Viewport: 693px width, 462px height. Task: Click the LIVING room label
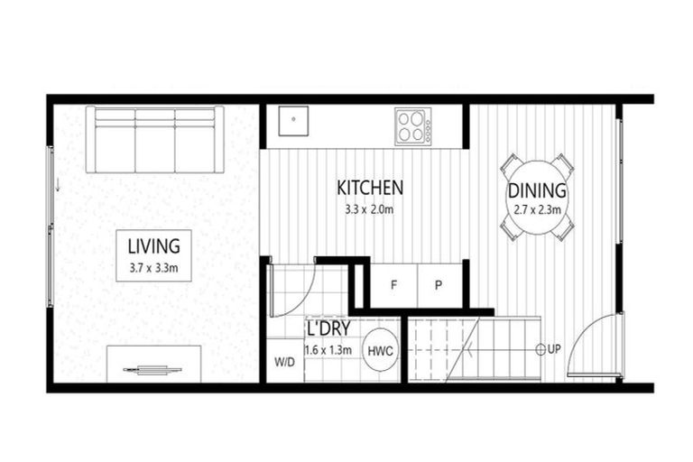coord(153,245)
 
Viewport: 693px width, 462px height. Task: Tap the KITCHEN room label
coord(370,188)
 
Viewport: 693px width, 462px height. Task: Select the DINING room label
coord(537,191)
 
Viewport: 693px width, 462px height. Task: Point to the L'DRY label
coord(328,329)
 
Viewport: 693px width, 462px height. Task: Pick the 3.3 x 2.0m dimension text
coord(370,209)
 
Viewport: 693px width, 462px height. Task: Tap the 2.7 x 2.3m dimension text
coord(538,210)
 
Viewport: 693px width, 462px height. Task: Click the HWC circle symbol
coord(381,350)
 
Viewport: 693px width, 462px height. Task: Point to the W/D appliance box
coord(284,362)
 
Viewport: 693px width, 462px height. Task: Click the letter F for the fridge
coord(394,285)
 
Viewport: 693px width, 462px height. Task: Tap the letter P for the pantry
coord(439,285)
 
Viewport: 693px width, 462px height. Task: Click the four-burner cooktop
coord(412,125)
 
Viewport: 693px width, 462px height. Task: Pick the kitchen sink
coord(293,119)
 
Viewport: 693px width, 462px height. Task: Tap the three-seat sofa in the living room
coord(155,140)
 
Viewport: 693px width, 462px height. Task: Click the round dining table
coord(537,199)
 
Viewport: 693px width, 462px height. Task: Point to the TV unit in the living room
coord(152,365)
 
